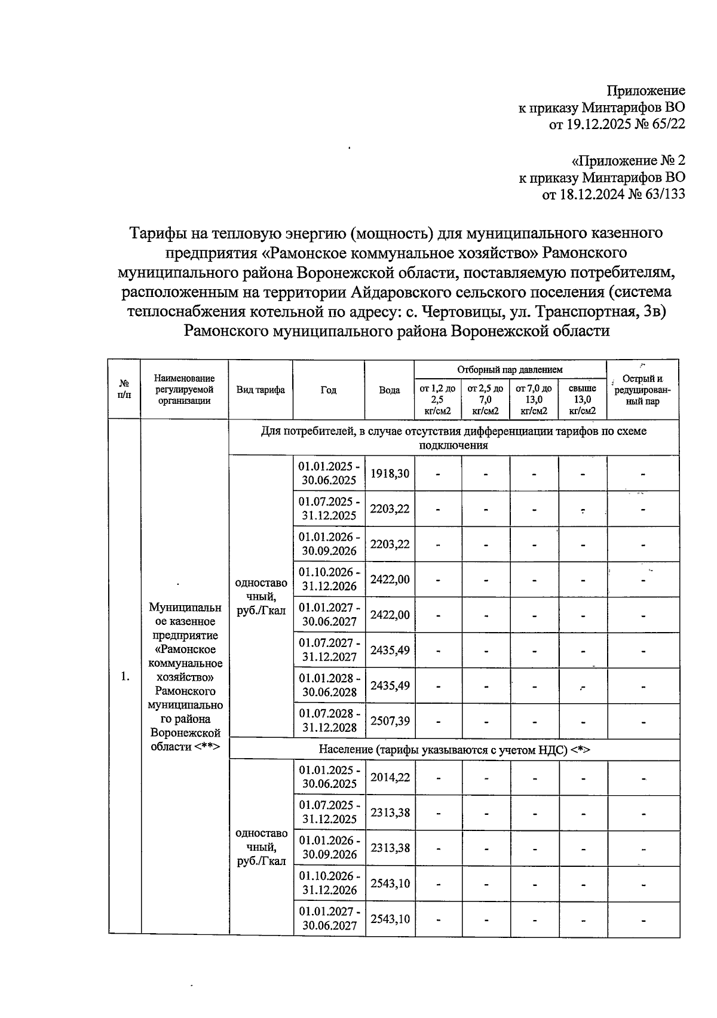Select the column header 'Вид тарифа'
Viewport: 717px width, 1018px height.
pyautogui.click(x=261, y=390)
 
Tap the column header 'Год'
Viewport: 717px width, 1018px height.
pyautogui.click(x=329, y=390)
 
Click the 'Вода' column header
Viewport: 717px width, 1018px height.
pyautogui.click(x=390, y=390)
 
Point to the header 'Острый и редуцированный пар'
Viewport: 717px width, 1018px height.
pyautogui.click(x=642, y=390)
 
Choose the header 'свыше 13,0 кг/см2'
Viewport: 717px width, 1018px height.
pyautogui.click(x=583, y=399)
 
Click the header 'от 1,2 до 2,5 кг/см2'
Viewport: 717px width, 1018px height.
pyautogui.click(x=437, y=399)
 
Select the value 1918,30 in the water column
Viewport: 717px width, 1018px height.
pyautogui.click(x=390, y=473)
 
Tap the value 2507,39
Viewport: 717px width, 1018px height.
pyautogui.click(x=390, y=720)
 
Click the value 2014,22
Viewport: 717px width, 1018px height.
pyautogui.click(x=390, y=777)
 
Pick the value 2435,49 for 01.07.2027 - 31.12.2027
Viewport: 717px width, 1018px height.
pyautogui.click(x=390, y=649)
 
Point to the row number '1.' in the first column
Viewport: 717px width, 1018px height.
pyautogui.click(x=125, y=676)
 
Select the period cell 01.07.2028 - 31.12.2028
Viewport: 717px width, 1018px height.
pyautogui.click(x=329, y=720)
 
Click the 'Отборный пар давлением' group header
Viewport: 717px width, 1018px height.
pyautogui.click(x=510, y=370)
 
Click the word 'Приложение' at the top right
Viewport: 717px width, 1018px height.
pyautogui.click(x=646, y=91)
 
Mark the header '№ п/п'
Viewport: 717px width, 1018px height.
pyautogui.click(x=124, y=390)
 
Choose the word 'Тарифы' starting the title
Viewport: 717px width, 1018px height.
pyautogui.click(x=156, y=232)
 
